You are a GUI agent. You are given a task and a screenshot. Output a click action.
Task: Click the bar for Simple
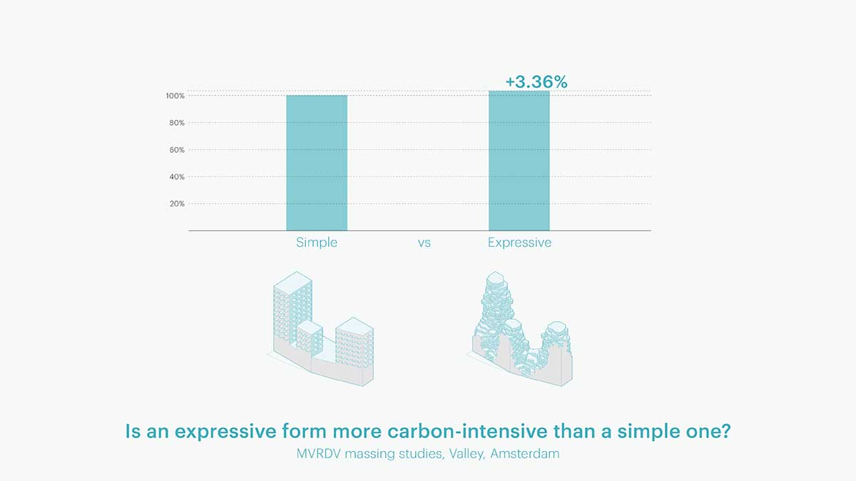point(317,163)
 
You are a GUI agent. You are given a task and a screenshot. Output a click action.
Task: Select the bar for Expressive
point(519,161)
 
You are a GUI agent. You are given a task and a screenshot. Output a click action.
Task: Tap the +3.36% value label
point(536,82)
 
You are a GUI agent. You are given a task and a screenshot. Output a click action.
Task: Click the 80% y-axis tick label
point(176,123)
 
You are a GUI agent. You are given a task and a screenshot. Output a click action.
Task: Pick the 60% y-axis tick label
point(176,150)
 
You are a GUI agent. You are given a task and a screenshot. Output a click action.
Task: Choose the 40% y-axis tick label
point(176,176)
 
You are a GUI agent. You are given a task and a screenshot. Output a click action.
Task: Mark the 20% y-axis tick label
point(176,203)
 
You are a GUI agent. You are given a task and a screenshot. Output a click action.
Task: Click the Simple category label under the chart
point(317,243)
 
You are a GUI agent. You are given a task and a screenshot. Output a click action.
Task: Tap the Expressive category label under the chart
point(519,243)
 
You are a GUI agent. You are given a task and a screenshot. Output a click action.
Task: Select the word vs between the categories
point(424,243)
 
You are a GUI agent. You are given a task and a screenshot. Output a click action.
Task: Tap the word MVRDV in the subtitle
point(321,454)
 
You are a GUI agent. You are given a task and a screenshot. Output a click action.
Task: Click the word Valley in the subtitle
point(467,454)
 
